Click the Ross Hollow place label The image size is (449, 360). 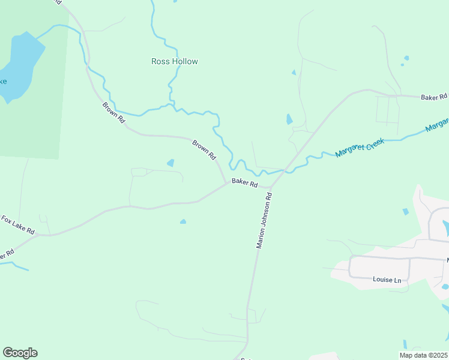coord(174,61)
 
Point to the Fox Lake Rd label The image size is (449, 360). coord(17,224)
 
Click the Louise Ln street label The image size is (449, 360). coord(387,280)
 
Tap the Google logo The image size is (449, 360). coord(20,353)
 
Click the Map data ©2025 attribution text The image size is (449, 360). coord(423,355)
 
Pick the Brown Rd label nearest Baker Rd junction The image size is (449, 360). coord(204,149)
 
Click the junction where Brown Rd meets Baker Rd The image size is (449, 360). coord(226,183)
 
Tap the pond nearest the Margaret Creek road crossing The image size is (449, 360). coord(289,119)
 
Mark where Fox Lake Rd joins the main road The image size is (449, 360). coord(37,235)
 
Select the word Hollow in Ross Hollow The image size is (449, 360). coord(184,61)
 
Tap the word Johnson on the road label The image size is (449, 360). coord(264,220)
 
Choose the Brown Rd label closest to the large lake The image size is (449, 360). coord(113,113)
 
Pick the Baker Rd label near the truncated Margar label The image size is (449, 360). coord(434,97)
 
